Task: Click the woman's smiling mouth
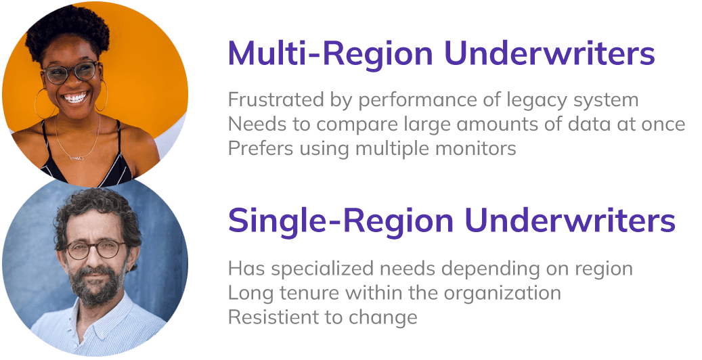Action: coord(75,99)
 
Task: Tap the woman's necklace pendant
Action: coord(75,158)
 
